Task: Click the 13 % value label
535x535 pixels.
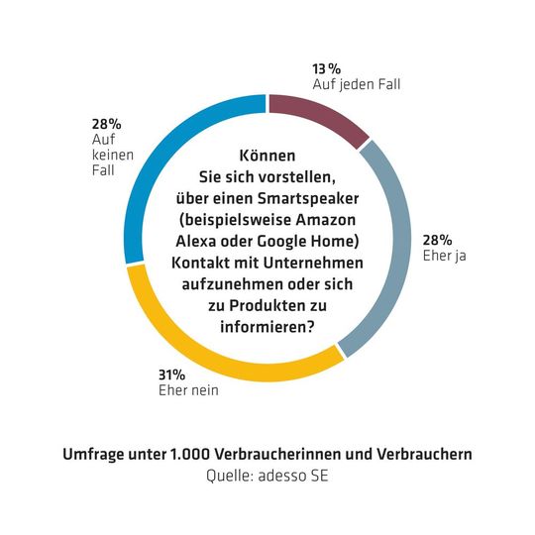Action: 328,68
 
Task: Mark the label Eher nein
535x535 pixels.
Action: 188,390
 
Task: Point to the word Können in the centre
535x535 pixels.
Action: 267,157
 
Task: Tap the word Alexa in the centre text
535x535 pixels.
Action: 224,241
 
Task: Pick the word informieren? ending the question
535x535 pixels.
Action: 267,325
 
